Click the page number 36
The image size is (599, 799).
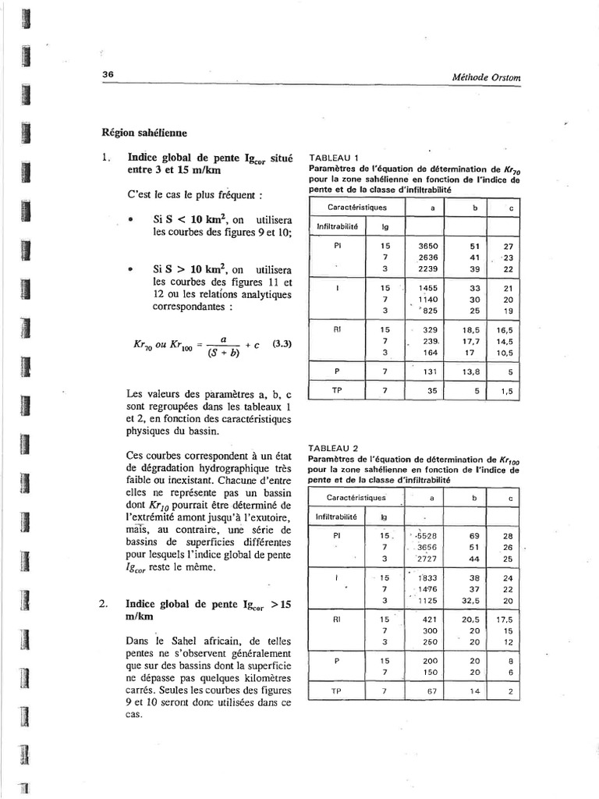pyautogui.click(x=108, y=74)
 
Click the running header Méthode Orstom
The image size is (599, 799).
pyautogui.click(x=486, y=76)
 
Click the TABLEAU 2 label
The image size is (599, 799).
pyautogui.click(x=334, y=448)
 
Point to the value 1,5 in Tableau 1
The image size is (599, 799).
pyautogui.click(x=508, y=392)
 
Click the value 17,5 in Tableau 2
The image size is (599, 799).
pyautogui.click(x=508, y=618)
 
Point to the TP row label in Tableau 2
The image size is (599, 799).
pyautogui.click(x=337, y=691)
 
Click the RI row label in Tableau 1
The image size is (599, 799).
pyautogui.click(x=337, y=329)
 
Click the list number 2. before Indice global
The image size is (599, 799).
pyautogui.click(x=104, y=604)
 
